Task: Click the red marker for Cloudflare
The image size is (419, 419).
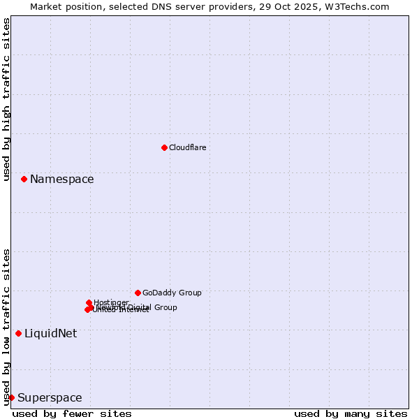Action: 164,147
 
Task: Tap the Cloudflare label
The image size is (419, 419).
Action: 187,147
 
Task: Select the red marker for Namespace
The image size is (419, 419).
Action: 24,179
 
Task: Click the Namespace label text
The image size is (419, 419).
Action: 61,179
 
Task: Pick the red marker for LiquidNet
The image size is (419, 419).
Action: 18,333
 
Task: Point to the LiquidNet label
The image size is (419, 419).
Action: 50,334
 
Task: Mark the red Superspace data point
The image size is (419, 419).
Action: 11,397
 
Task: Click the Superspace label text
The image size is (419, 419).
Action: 50,398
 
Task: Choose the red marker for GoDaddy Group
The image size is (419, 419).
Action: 138,293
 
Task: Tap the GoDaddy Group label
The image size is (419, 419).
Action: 172,293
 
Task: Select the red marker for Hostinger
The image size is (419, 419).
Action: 89,302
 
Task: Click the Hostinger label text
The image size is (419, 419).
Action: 111,302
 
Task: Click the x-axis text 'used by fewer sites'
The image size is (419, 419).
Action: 72,413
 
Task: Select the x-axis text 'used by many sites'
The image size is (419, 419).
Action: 351,413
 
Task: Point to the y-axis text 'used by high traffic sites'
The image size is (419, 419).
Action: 6,99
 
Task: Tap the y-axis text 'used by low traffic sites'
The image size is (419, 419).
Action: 6,327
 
